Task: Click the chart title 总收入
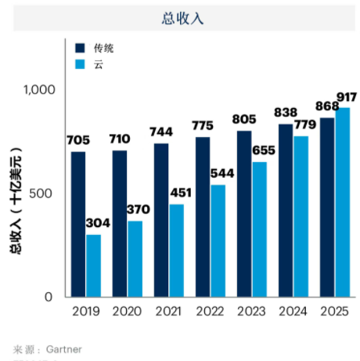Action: tap(180, 19)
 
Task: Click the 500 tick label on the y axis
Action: tap(43, 193)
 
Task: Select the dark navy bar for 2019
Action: tap(78, 224)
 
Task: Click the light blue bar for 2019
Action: tap(94, 265)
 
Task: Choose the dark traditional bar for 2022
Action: tap(203, 217)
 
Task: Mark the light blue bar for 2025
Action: tap(343, 202)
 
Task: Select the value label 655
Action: tap(264, 151)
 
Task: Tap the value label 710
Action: tap(120, 139)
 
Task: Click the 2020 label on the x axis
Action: tap(127, 311)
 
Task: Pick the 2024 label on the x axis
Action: tap(293, 311)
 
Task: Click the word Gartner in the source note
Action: tap(64, 348)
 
